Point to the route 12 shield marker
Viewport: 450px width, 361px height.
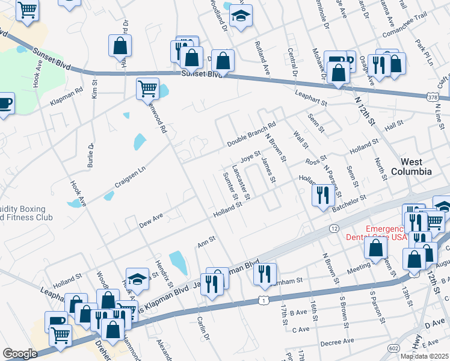coord(334,228)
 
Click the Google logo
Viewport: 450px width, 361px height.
coord(20,353)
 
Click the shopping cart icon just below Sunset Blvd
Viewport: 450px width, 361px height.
coord(147,88)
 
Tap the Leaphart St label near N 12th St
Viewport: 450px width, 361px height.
coord(310,94)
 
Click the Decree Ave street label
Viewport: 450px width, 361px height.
coord(339,342)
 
